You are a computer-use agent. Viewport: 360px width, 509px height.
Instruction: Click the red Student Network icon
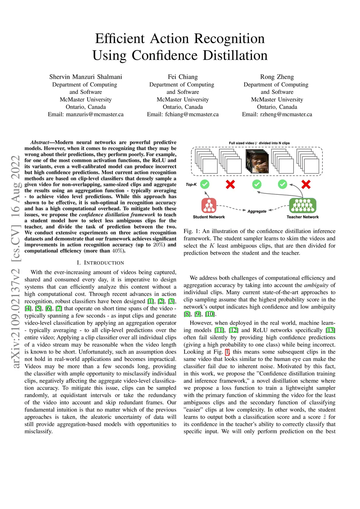point(209,205)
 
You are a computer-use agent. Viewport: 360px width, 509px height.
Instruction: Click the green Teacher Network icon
point(302,205)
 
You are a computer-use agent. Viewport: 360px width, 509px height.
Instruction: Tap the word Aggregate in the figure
point(257,211)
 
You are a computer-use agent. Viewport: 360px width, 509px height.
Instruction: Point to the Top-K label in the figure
point(191,185)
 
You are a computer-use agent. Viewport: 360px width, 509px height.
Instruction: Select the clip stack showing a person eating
point(257,161)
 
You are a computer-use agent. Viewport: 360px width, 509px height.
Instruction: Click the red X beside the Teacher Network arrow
point(306,184)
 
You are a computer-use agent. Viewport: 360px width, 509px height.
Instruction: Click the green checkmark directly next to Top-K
point(205,184)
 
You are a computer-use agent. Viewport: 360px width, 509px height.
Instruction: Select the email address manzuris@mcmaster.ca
point(95,114)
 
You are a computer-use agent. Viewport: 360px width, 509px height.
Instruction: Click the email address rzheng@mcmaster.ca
point(286,114)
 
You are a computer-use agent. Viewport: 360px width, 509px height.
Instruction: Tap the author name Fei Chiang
point(183,77)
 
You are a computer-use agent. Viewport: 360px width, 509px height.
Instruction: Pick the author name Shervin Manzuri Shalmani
point(86,77)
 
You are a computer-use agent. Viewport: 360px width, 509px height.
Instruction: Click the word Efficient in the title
point(120,39)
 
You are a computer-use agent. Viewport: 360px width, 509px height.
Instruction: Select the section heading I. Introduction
point(100,263)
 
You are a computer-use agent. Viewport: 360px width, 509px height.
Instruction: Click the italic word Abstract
point(39,142)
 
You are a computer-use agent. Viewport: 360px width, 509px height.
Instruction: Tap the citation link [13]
point(330,330)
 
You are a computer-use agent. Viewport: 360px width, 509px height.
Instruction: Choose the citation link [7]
point(59,308)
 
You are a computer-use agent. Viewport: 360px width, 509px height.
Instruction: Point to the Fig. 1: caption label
point(192,231)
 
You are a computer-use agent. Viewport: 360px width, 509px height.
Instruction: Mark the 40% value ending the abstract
point(117,251)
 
